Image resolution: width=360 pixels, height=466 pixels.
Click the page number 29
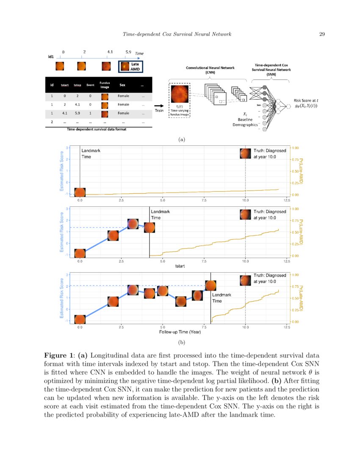(321, 34)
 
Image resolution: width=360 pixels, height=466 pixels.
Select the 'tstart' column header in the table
(65, 85)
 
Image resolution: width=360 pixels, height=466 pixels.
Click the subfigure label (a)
(182, 139)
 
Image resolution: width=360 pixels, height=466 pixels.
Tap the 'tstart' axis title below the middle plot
(180, 266)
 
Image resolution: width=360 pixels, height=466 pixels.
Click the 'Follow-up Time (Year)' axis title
(180, 332)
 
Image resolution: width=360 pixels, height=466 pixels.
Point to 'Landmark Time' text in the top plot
(91, 153)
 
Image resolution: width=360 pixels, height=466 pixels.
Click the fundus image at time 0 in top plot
(80, 192)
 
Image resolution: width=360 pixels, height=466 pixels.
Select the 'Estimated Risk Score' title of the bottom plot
(62, 299)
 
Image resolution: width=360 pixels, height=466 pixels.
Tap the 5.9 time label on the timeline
(128, 52)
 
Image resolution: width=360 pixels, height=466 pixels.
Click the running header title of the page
(177, 34)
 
